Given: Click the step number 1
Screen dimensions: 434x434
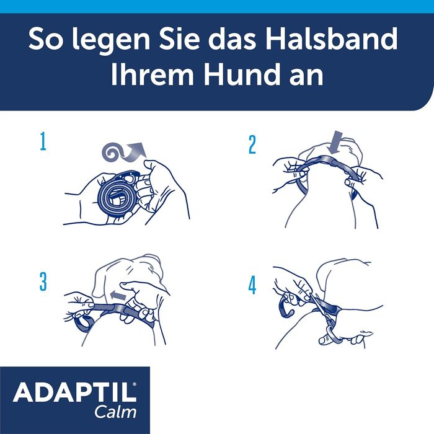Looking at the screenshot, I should (x=43, y=143).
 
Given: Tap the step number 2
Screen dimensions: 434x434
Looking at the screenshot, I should (x=252, y=144).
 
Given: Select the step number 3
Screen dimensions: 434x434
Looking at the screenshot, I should (x=43, y=281).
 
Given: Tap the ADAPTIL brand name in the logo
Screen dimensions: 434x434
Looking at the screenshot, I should (x=74, y=394).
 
